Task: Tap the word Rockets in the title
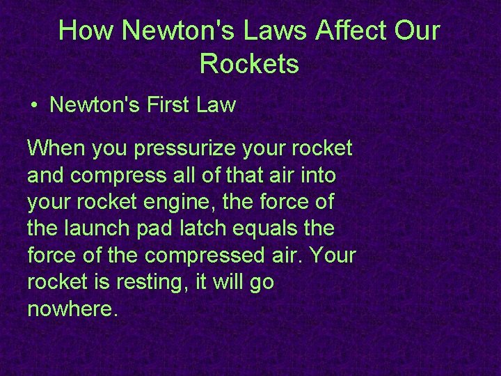coord(249,64)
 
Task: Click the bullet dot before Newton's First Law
coord(33,107)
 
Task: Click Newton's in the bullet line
coord(88,106)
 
